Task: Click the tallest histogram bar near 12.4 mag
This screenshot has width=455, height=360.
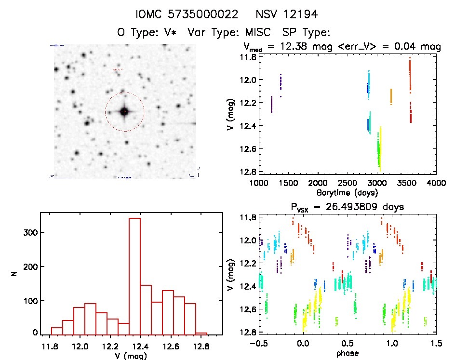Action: tap(134, 275)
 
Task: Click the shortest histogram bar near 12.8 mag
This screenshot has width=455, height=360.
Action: tap(201, 333)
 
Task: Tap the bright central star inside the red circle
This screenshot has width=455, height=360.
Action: tap(124, 112)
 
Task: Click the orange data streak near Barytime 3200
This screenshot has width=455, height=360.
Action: tap(391, 96)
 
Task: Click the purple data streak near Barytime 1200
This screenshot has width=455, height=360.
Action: tap(271, 104)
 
